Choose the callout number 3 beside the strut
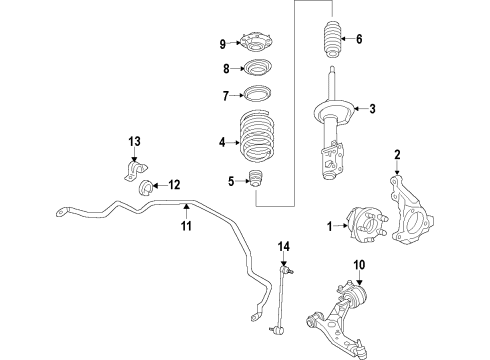click(x=372, y=109)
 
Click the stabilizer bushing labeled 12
click(x=146, y=186)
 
